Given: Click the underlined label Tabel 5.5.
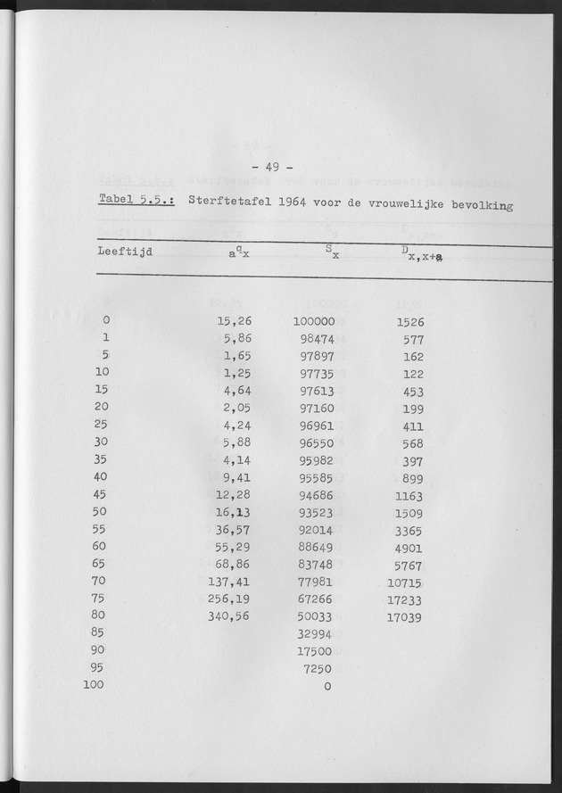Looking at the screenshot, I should point(136,202).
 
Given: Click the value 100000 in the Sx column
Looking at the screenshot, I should point(313,321).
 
